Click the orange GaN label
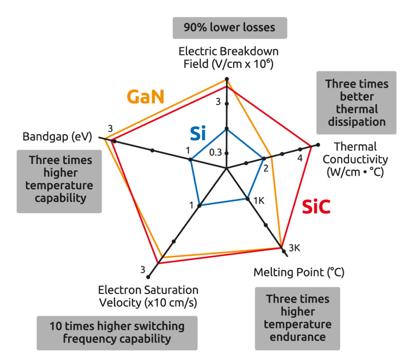(x=146, y=97)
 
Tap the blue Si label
(x=197, y=134)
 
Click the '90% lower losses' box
(x=230, y=28)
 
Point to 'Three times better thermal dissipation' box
(x=356, y=103)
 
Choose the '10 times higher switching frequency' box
(x=117, y=332)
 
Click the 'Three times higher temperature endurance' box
(x=297, y=318)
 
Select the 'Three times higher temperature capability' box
(x=60, y=179)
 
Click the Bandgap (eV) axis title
(x=57, y=137)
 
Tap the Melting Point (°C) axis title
(x=299, y=272)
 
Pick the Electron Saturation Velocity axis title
(x=148, y=296)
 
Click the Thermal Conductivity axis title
(x=355, y=159)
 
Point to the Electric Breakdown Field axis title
(x=228, y=57)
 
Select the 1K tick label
(x=259, y=201)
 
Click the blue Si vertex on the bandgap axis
(x=191, y=160)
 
